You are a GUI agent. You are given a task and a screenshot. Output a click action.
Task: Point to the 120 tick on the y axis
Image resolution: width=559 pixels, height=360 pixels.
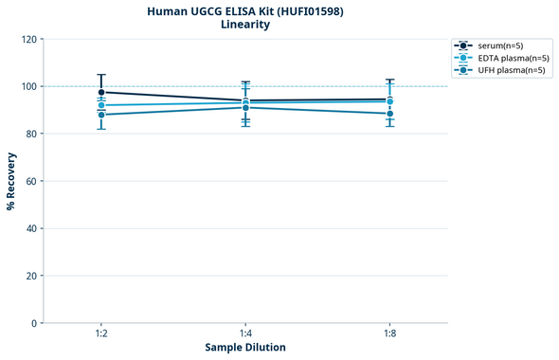pyautogui.click(x=27, y=39)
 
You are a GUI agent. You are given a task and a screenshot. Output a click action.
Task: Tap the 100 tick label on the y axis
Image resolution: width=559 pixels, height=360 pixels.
pyautogui.click(x=27, y=86)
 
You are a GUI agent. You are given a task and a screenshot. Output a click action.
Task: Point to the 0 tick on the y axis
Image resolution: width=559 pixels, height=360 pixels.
pyautogui.click(x=33, y=323)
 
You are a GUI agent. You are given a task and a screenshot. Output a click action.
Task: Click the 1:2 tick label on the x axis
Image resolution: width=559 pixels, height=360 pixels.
pyautogui.click(x=101, y=334)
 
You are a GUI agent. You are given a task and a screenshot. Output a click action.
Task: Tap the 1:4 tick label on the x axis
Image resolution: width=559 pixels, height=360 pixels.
pyautogui.click(x=245, y=334)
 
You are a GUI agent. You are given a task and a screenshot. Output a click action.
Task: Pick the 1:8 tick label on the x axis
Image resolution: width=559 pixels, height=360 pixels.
pyautogui.click(x=389, y=334)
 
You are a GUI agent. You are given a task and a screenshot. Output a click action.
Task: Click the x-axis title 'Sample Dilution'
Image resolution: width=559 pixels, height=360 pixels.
pyautogui.click(x=245, y=348)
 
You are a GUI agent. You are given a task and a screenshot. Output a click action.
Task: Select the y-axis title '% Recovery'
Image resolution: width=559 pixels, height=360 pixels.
pyautogui.click(x=11, y=181)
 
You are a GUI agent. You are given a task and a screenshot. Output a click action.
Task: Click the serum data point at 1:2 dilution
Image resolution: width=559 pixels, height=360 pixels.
pyautogui.click(x=101, y=92)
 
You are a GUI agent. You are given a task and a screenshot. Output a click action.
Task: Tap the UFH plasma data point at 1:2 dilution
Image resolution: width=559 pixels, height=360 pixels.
pyautogui.click(x=101, y=115)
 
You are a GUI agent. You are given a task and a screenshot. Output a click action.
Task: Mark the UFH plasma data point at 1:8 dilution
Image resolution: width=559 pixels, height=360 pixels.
pyautogui.click(x=389, y=114)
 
